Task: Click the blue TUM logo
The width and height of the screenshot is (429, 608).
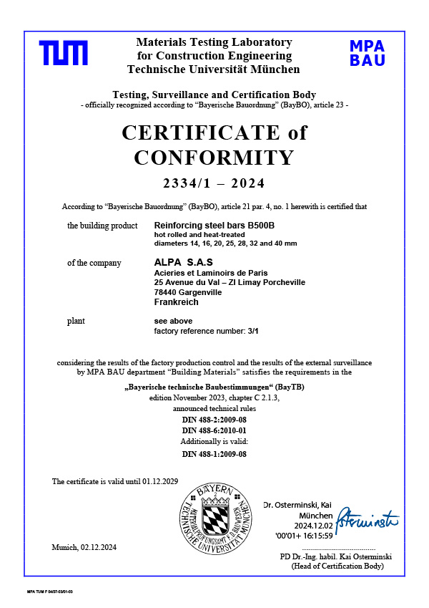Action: coord(64,54)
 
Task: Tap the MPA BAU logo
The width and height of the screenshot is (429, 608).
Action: coord(368,53)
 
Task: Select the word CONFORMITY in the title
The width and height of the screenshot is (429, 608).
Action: coord(214,158)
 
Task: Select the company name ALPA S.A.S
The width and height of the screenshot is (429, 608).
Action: coord(184,263)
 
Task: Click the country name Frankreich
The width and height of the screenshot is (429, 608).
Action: coord(177,302)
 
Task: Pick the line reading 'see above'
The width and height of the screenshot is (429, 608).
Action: coord(173,321)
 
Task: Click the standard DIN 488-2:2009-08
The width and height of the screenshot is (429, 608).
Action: coord(214,419)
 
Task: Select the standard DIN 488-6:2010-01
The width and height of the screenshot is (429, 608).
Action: coord(214,430)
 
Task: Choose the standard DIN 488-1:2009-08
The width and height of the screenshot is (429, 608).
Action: coord(214,454)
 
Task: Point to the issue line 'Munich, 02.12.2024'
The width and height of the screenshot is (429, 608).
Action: coord(84,547)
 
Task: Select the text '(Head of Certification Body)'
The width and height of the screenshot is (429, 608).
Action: coord(337,566)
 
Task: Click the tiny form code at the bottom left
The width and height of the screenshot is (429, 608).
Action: coord(50,592)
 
